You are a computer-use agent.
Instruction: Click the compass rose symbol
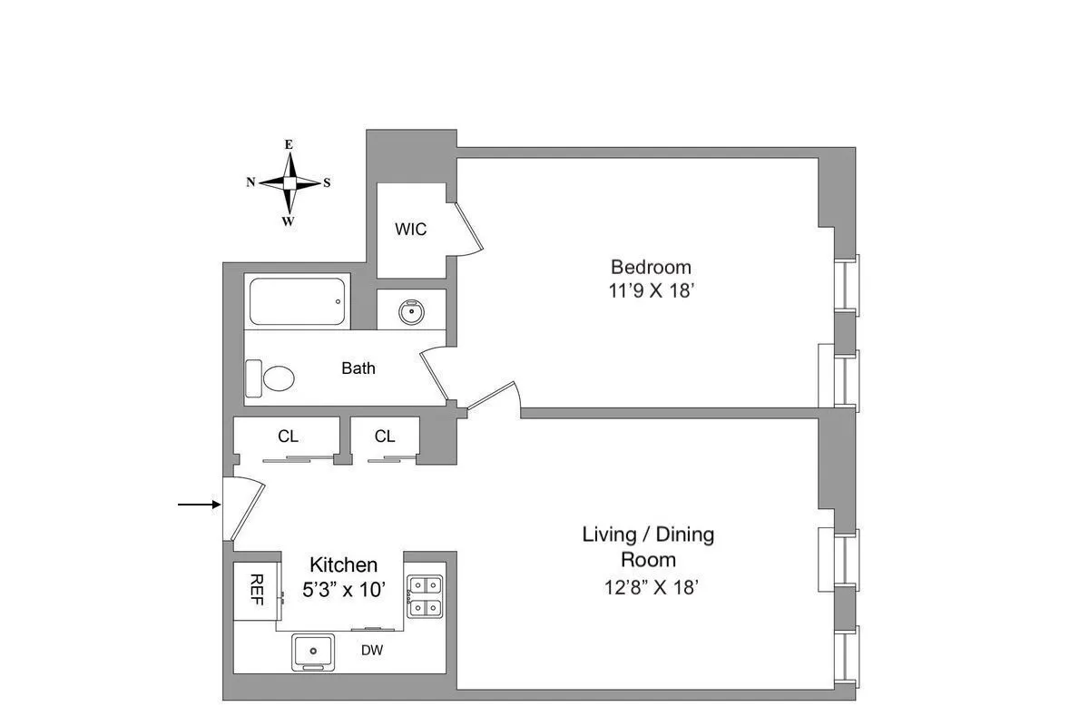coord(289,182)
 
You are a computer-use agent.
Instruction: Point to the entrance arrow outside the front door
coord(199,505)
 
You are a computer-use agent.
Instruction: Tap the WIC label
coord(410,230)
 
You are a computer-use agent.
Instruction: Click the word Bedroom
coord(651,267)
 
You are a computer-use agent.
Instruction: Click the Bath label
coord(358,368)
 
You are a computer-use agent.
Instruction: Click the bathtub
coord(298,302)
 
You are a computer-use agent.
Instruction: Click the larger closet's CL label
coord(288,437)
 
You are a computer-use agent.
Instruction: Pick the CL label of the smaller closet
coord(385,437)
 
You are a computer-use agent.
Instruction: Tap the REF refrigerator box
coord(255,592)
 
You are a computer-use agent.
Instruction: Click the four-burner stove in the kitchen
coord(424,596)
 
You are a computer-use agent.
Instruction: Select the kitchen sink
coord(313,652)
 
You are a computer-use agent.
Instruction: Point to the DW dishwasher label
coord(370,650)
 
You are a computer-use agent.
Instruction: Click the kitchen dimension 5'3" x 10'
coord(344,589)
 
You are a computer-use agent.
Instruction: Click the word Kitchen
coord(343,564)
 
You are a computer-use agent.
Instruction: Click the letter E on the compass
coord(289,144)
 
